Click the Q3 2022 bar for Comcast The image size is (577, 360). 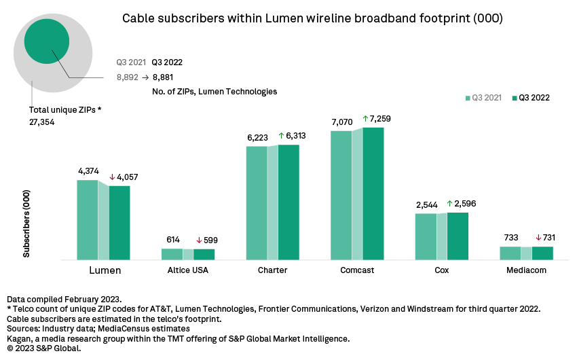(373, 194)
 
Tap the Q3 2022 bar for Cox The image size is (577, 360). (458, 236)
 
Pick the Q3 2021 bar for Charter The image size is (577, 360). (256, 203)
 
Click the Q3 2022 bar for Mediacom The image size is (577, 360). (542, 253)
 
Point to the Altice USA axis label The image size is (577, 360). (189, 270)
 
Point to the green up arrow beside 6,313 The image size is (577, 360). (282, 136)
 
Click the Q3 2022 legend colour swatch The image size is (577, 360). (514, 98)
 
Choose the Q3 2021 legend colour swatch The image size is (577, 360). (467, 98)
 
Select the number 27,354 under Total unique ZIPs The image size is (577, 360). (42, 122)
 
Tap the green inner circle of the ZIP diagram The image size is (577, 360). (47, 41)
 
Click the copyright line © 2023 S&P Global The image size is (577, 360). (43, 348)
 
